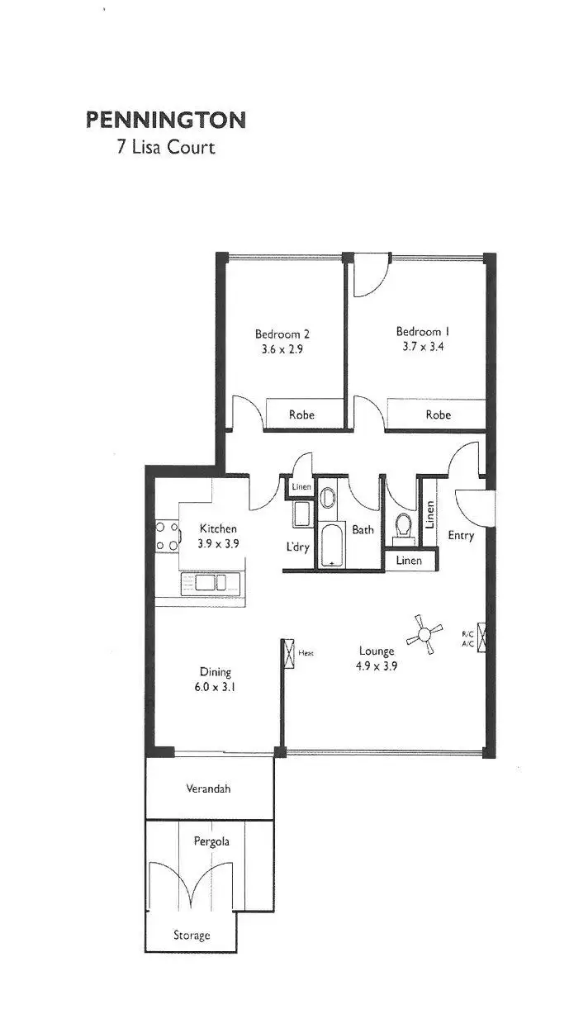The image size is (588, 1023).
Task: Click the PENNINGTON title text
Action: click(x=166, y=121)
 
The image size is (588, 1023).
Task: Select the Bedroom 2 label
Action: click(x=282, y=334)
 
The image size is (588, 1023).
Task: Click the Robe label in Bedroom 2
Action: click(x=301, y=415)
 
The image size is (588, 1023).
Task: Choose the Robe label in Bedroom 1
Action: click(x=439, y=415)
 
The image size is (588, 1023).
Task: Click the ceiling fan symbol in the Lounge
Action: click(x=425, y=634)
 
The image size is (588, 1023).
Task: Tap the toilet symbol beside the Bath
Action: click(x=403, y=527)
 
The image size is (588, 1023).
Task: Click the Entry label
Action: click(x=461, y=536)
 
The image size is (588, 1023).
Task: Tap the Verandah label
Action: click(x=208, y=789)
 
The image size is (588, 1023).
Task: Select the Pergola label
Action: click(x=211, y=842)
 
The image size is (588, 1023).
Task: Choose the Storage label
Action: click(x=192, y=935)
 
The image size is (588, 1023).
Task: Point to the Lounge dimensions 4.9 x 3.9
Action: click(x=377, y=666)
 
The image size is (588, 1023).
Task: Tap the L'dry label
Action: click(x=297, y=547)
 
